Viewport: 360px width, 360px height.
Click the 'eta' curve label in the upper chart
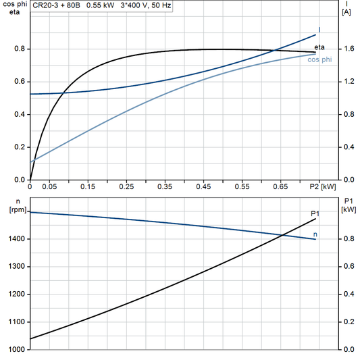pos(320,46)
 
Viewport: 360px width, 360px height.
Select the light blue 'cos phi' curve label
pos(319,60)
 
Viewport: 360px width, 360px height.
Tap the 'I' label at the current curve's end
pos(319,29)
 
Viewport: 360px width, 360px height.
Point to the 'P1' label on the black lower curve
pos(315,213)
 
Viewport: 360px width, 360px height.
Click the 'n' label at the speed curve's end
pos(316,235)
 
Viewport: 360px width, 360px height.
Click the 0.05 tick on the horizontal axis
pos(49,186)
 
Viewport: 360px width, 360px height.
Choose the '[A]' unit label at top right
pos(346,12)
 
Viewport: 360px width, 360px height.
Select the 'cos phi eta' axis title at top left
pos(12,9)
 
